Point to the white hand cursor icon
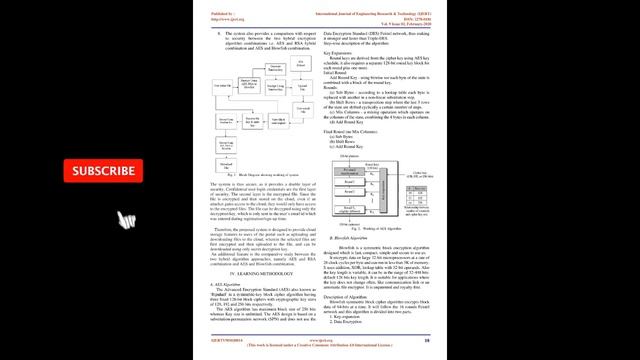point(127,220)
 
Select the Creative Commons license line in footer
point(319,344)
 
